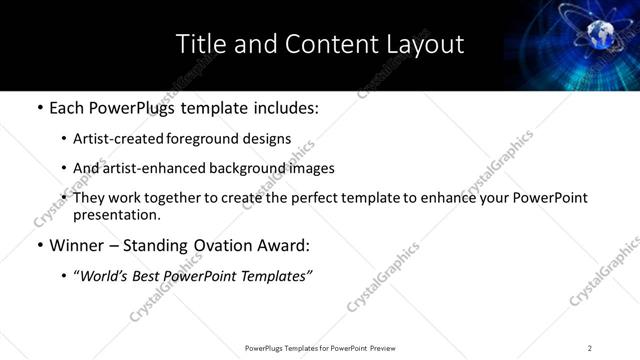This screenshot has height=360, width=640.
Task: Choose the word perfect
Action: point(316,198)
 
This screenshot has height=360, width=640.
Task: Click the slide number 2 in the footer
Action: point(590,348)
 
